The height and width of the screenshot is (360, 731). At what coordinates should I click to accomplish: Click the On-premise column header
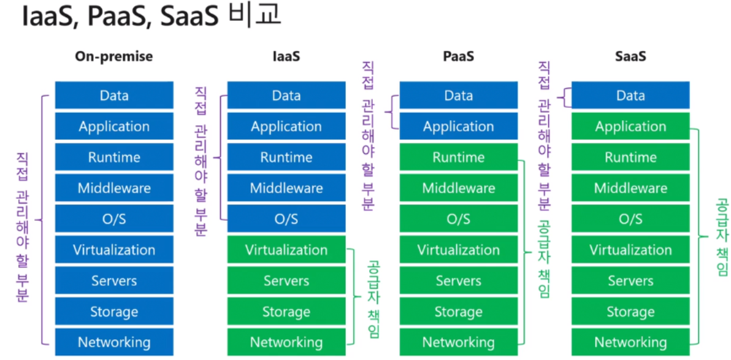(x=113, y=57)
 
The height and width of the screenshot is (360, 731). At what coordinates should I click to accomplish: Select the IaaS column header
(x=286, y=57)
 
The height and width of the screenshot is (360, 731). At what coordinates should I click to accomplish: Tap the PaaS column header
(x=458, y=57)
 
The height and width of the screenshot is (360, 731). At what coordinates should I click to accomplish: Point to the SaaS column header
(x=630, y=57)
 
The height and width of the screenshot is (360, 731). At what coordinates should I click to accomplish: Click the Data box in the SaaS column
(x=630, y=96)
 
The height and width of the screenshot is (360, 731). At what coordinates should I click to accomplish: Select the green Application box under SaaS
(x=630, y=126)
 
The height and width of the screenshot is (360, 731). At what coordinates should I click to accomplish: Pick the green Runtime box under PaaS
(x=458, y=158)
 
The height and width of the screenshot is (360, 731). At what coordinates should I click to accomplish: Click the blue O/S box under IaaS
(x=286, y=219)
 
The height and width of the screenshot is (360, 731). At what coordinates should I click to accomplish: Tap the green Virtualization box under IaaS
(x=286, y=250)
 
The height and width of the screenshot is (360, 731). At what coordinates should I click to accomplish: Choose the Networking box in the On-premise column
(x=113, y=342)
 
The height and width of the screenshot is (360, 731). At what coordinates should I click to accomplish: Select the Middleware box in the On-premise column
(x=113, y=188)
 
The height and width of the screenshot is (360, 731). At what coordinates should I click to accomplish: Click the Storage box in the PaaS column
(x=458, y=312)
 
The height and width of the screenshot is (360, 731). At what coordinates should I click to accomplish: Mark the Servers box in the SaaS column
(x=630, y=281)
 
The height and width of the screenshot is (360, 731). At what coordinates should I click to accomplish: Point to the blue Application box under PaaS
(x=458, y=126)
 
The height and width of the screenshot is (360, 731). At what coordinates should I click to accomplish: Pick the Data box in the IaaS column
(x=286, y=96)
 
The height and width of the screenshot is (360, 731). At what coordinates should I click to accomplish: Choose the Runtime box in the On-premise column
(x=113, y=158)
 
